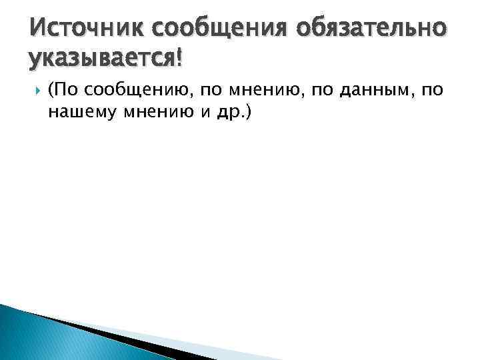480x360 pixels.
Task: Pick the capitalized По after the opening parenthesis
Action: tap(65, 91)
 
